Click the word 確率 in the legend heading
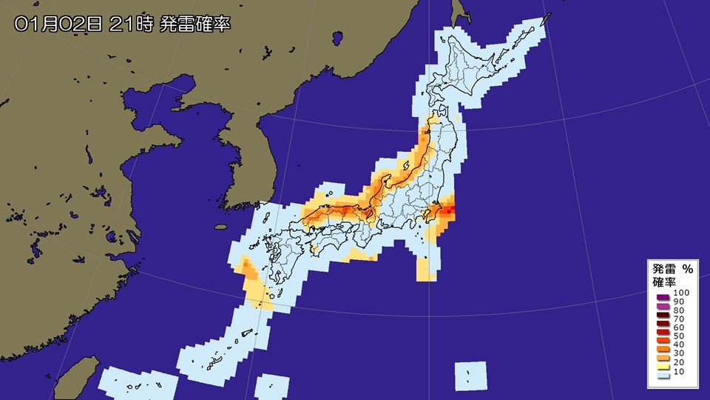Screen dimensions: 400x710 pos(663,282)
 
